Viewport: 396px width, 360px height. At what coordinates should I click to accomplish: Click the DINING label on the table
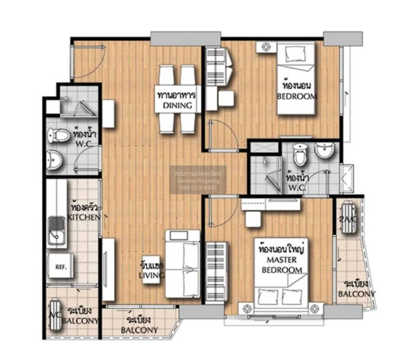click(178, 106)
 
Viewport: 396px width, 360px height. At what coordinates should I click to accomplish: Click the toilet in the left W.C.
click(59, 135)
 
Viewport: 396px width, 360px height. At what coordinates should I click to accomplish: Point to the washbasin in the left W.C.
click(54, 160)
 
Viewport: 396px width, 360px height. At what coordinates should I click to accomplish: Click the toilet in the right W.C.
click(300, 155)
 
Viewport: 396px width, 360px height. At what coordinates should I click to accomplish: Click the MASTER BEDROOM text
click(282, 265)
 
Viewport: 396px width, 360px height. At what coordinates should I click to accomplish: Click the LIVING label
click(151, 275)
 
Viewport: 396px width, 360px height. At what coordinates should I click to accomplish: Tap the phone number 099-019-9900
click(198, 188)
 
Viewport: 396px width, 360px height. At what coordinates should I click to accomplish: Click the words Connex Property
click(198, 181)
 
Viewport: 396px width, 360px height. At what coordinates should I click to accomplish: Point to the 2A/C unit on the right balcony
click(349, 217)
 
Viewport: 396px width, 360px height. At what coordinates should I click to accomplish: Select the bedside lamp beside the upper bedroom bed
click(266, 47)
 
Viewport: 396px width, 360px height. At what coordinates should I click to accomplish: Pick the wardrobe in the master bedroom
click(216, 273)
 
